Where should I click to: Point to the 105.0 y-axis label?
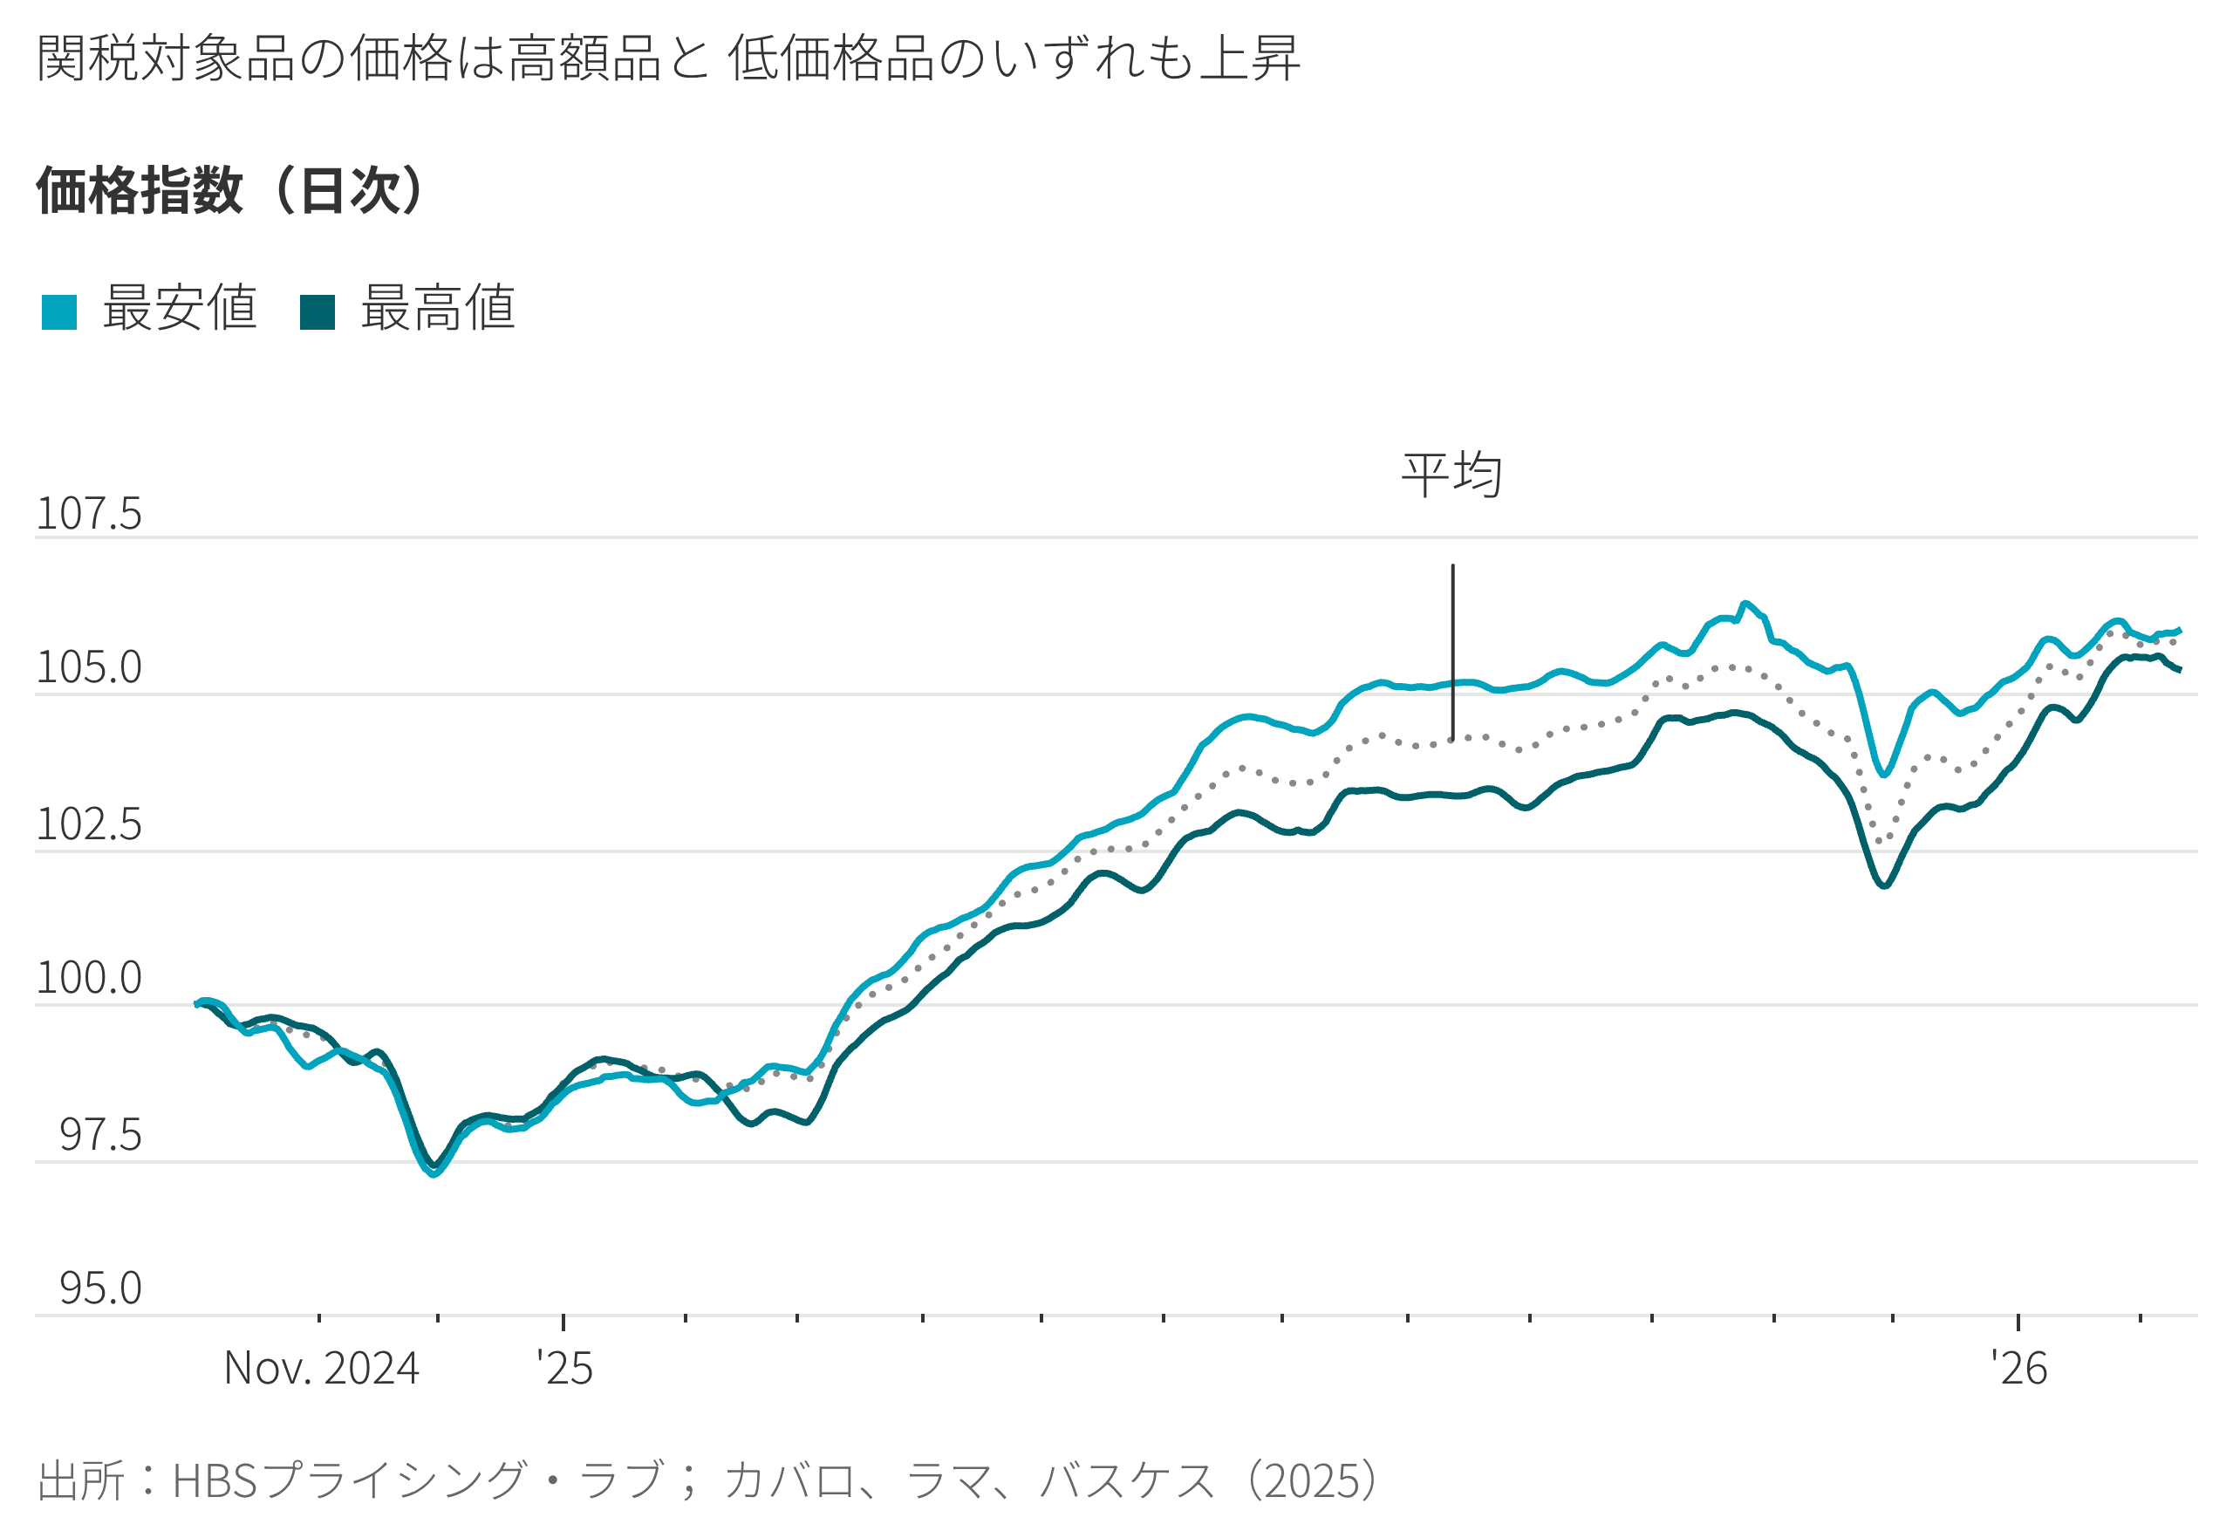tap(88, 668)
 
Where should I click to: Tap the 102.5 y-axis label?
tap(88, 824)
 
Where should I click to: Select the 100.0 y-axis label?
tap(88, 979)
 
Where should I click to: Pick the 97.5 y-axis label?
tap(100, 1135)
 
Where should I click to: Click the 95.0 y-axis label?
tap(100, 1288)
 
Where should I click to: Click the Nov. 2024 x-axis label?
tap(321, 1369)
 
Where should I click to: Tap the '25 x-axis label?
tap(565, 1369)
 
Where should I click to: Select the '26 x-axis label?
tap(2018, 1369)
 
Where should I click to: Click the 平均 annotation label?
tap(1451, 475)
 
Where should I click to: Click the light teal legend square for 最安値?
tap(59, 312)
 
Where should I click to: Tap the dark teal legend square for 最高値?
tap(318, 312)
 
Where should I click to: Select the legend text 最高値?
tap(438, 309)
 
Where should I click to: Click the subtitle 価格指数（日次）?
tap(230, 190)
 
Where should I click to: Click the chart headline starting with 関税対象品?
tap(668, 58)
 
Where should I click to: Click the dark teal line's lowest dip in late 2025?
tap(1884, 885)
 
